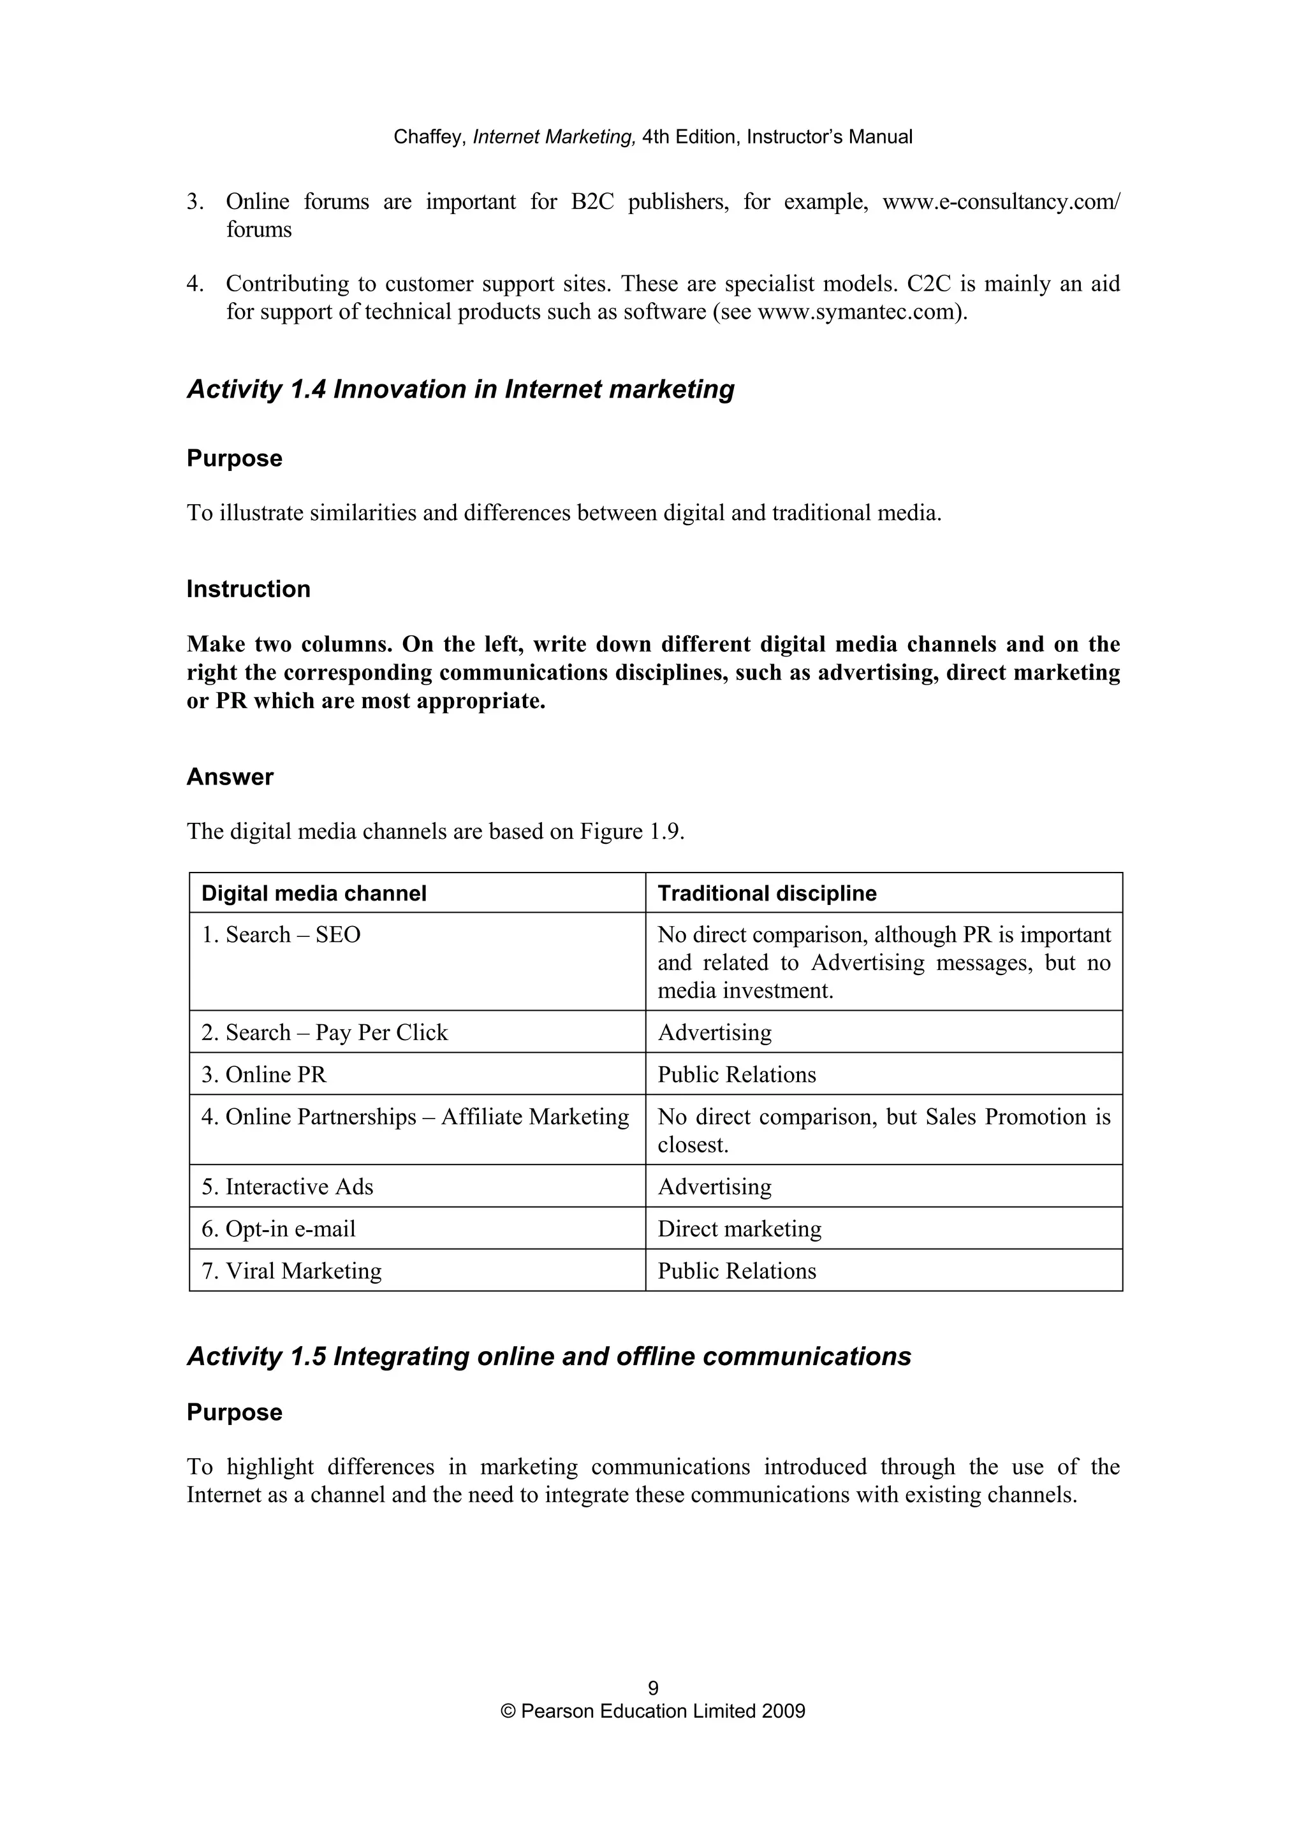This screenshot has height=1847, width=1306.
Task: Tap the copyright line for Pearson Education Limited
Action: coord(652,1711)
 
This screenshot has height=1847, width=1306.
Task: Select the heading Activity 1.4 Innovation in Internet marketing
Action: coord(460,389)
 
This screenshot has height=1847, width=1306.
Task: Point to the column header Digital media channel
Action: coord(314,893)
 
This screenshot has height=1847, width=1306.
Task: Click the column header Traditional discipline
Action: coord(767,893)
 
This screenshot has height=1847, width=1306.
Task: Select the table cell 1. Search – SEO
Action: coord(281,935)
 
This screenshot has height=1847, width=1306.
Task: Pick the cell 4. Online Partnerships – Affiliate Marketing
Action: coord(415,1117)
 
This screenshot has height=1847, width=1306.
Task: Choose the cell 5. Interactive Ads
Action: coord(287,1187)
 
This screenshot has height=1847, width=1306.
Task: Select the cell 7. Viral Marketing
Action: coord(291,1271)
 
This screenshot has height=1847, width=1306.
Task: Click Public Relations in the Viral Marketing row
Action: coord(737,1271)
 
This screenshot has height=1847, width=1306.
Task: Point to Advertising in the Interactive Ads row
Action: coord(715,1187)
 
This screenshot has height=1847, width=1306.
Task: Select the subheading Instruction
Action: coord(248,589)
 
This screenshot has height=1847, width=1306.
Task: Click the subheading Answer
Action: coord(230,776)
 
